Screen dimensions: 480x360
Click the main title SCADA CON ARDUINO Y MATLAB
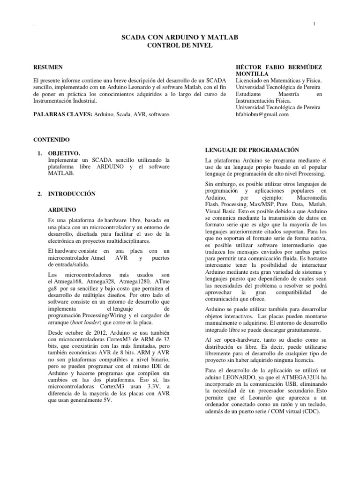point(180,37)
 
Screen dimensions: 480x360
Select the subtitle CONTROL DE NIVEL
point(180,45)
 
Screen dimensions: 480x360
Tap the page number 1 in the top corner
point(314,24)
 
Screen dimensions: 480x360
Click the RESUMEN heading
point(49,67)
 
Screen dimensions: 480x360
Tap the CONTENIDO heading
point(52,140)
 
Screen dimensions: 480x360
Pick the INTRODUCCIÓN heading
point(72,194)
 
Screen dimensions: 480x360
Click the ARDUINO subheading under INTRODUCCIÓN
point(62,210)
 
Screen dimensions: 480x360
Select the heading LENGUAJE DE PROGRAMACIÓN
point(252,150)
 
